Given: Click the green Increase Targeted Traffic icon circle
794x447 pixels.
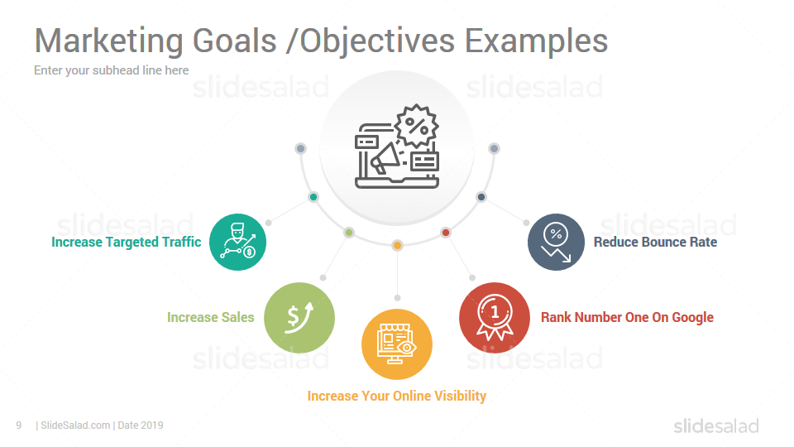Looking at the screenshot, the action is pos(237,242).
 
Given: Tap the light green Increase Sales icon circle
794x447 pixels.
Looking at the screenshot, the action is pos(299,318).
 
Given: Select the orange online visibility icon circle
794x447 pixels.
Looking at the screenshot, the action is pos(397,344).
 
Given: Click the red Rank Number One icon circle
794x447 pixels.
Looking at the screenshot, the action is pos(495,318).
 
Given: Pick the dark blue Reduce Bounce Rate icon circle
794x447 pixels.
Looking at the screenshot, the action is pos(556,242).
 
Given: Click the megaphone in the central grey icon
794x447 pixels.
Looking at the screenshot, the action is pos(385,158).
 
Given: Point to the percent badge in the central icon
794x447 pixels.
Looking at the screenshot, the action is pos(416,126).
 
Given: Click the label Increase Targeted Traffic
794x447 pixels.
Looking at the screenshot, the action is pos(126,243).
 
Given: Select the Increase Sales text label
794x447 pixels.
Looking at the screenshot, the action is pos(211,317).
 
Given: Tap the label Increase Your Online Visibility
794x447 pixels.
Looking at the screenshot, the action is pos(397,396).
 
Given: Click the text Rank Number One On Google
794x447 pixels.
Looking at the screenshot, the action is pos(628,317).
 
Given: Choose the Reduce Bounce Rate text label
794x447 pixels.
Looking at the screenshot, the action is pos(655,243).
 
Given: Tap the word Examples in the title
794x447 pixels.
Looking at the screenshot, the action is pos(536,41).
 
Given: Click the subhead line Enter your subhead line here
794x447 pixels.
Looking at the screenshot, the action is pos(112,70).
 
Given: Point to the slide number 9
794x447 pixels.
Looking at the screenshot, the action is pos(19,425).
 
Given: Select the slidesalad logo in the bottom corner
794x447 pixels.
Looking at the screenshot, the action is pos(716,426).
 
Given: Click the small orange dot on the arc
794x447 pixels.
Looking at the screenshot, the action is pos(398,246).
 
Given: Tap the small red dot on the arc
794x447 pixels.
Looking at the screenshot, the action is pos(446,233).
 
